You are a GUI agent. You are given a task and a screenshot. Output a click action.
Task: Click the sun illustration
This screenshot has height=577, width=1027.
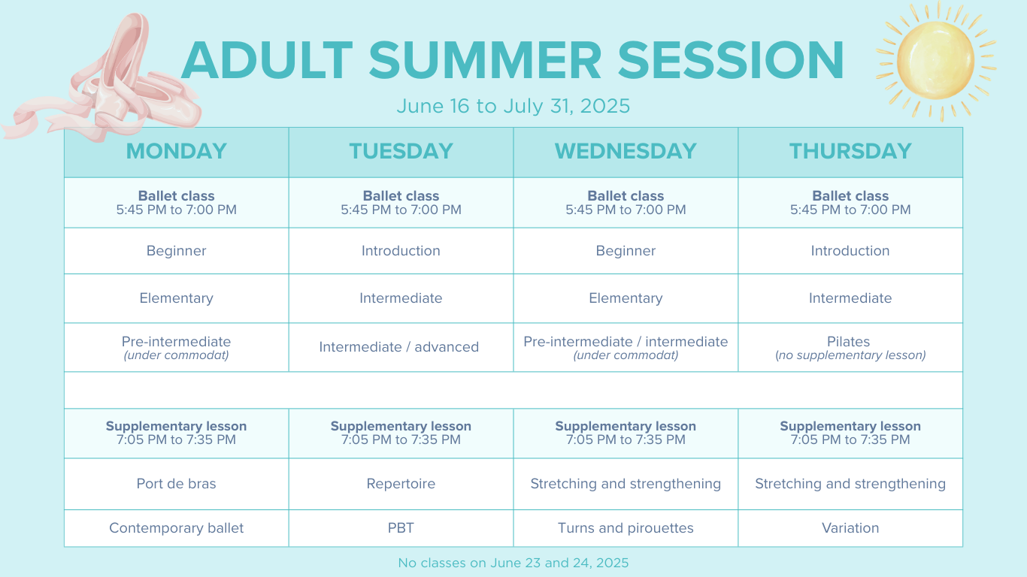coord(936,61)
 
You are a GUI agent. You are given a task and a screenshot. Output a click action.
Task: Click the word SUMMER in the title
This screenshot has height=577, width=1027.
coord(485,61)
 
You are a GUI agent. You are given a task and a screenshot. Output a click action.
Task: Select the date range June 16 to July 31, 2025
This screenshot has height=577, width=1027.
coord(513,106)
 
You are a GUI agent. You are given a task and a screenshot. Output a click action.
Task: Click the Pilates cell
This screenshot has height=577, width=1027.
coord(850,347)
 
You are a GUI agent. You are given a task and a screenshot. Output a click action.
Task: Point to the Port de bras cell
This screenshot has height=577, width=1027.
coord(177,484)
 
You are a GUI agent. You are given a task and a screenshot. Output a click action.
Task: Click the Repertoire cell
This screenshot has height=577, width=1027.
coord(401,484)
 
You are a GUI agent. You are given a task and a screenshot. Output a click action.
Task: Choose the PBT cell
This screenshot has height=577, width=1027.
coord(401,528)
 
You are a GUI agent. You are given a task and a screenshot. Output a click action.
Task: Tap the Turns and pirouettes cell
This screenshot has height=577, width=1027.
coord(626,528)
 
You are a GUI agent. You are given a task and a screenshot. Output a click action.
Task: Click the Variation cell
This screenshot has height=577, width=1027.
coord(850,528)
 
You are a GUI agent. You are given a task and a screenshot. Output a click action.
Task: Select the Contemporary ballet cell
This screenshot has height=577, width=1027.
coord(177,528)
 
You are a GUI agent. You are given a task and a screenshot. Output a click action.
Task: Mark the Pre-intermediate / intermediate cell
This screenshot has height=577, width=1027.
coord(626,347)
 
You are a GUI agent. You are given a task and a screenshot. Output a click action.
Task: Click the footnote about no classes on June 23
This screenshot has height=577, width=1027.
coord(513,563)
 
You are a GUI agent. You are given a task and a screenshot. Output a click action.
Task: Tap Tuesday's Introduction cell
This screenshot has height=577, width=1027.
coord(401,251)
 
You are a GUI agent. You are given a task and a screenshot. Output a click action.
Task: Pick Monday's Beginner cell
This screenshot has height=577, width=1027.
coord(177,251)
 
